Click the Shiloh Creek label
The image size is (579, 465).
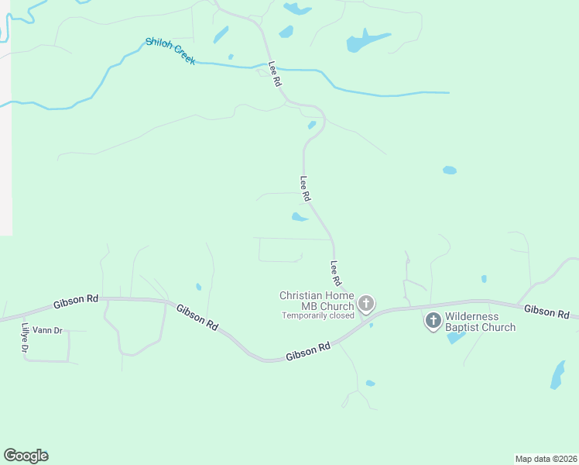point(170,51)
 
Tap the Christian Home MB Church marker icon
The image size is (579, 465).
point(366,303)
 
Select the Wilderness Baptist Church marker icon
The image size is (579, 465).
point(433,319)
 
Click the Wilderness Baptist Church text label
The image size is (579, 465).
point(480,322)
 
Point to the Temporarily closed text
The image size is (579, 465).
point(318,315)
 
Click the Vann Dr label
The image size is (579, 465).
point(47,330)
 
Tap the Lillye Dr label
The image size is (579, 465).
point(25,339)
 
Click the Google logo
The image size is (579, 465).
point(26,456)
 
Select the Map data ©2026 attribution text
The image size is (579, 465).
point(546,458)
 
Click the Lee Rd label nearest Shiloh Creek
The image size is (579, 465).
point(273,74)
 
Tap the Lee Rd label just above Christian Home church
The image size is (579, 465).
point(336,273)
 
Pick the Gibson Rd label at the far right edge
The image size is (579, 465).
point(546,312)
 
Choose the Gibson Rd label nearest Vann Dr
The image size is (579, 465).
point(76,300)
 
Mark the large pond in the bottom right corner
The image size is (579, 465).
point(557,374)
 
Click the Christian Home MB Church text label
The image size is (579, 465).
point(317,300)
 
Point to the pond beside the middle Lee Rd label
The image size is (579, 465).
point(300,217)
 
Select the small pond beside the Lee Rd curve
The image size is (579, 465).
point(311,125)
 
